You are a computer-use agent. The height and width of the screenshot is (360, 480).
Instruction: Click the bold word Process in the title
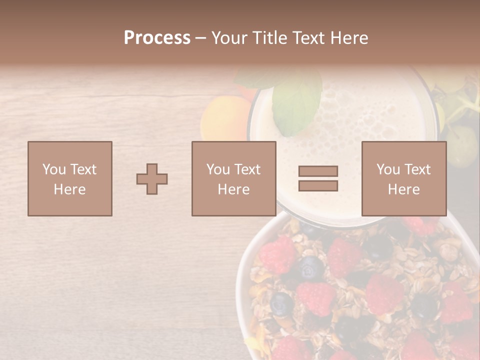(x=157, y=38)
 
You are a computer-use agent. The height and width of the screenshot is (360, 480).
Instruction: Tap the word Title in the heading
(x=269, y=38)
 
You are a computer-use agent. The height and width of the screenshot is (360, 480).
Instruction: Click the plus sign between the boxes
(x=152, y=179)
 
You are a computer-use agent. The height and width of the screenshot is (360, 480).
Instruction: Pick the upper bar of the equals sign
(x=318, y=171)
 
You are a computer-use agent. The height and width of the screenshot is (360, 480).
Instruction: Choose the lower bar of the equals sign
(x=318, y=186)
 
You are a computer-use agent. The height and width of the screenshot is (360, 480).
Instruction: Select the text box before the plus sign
(x=69, y=179)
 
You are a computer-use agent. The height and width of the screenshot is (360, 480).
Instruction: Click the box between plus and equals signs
(x=233, y=179)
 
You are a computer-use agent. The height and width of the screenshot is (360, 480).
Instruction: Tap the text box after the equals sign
(x=403, y=179)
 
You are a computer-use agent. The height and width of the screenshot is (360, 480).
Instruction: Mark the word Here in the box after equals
(x=403, y=189)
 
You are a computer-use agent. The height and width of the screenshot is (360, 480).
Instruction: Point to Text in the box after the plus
(x=247, y=169)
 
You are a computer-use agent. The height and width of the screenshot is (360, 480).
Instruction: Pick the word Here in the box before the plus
(x=69, y=189)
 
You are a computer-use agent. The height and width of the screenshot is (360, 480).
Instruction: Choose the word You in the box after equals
(x=388, y=169)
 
